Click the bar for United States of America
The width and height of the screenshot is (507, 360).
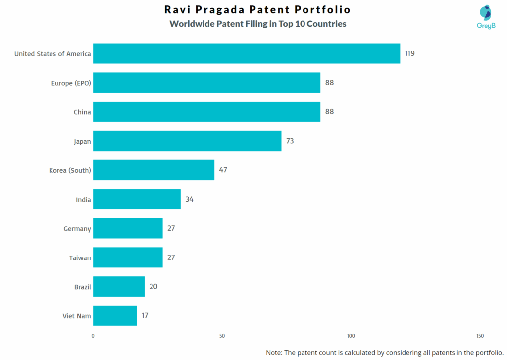tap(246, 53)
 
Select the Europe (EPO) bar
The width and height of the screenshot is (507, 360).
tap(206, 83)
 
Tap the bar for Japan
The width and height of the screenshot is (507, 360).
tap(187, 141)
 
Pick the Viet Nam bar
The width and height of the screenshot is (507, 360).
tap(115, 316)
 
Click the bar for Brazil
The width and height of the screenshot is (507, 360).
tap(119, 287)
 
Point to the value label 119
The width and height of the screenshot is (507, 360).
tap(409, 53)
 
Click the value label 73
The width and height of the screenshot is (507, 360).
tap(290, 141)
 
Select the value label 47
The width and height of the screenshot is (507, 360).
tap(223, 170)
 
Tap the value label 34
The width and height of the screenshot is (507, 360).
tap(189, 200)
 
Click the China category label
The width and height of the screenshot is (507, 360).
tap(82, 112)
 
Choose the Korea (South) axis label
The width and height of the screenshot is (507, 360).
tap(70, 171)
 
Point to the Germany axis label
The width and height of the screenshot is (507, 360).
tap(77, 229)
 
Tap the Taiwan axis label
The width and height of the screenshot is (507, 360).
tap(80, 258)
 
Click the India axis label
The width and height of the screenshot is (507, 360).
tap(83, 200)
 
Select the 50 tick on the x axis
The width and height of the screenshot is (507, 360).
tap(222, 336)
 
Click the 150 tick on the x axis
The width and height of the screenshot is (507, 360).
tap(480, 336)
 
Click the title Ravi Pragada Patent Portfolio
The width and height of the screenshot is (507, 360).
tap(257, 10)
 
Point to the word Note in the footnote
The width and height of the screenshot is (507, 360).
tap(275, 353)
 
